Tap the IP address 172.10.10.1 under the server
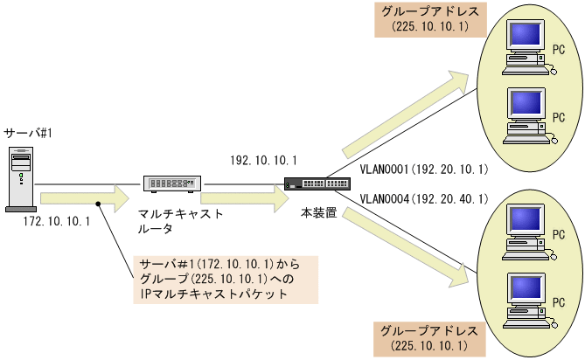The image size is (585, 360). pos(58,222)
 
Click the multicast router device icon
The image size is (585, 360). pos(172,183)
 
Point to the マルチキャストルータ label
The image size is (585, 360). pos(180,221)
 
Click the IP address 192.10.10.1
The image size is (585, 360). pos(264,161)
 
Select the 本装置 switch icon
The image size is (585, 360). pos(310,183)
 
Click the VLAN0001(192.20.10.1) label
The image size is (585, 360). pos(423,169)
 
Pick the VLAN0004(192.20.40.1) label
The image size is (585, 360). pos(423,200)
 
